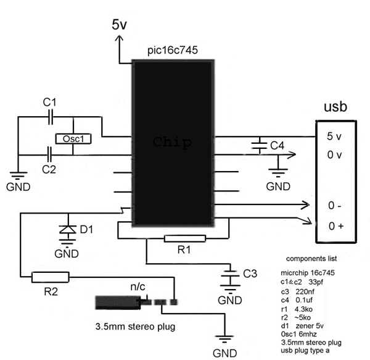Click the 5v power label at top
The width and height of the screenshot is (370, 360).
120,24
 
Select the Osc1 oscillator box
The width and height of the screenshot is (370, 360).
73,140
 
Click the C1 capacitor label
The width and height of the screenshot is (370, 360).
50,101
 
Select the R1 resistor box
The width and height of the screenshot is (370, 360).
184,239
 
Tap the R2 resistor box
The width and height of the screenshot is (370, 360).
51,277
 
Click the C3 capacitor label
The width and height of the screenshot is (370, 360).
250,272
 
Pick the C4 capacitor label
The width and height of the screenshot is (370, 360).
277,146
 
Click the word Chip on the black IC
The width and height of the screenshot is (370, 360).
172,141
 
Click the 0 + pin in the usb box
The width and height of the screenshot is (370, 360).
336,226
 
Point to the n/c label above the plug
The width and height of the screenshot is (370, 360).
138,287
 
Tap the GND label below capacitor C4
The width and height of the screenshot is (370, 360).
278,185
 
